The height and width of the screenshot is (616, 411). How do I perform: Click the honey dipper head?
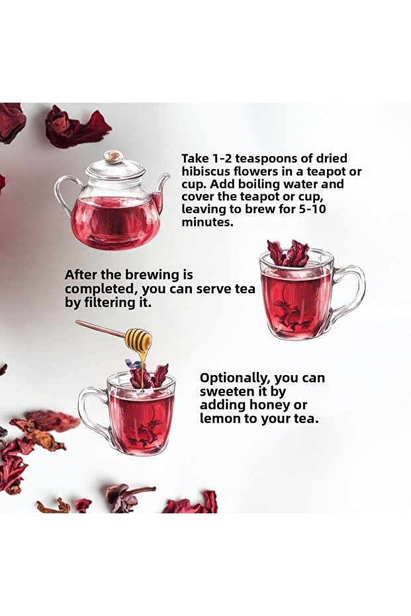(x=138, y=341)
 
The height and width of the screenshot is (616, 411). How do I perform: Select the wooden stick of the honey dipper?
(x=101, y=330)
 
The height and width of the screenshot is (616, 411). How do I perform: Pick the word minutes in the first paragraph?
(x=207, y=222)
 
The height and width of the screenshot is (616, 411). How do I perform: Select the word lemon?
(x=219, y=418)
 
